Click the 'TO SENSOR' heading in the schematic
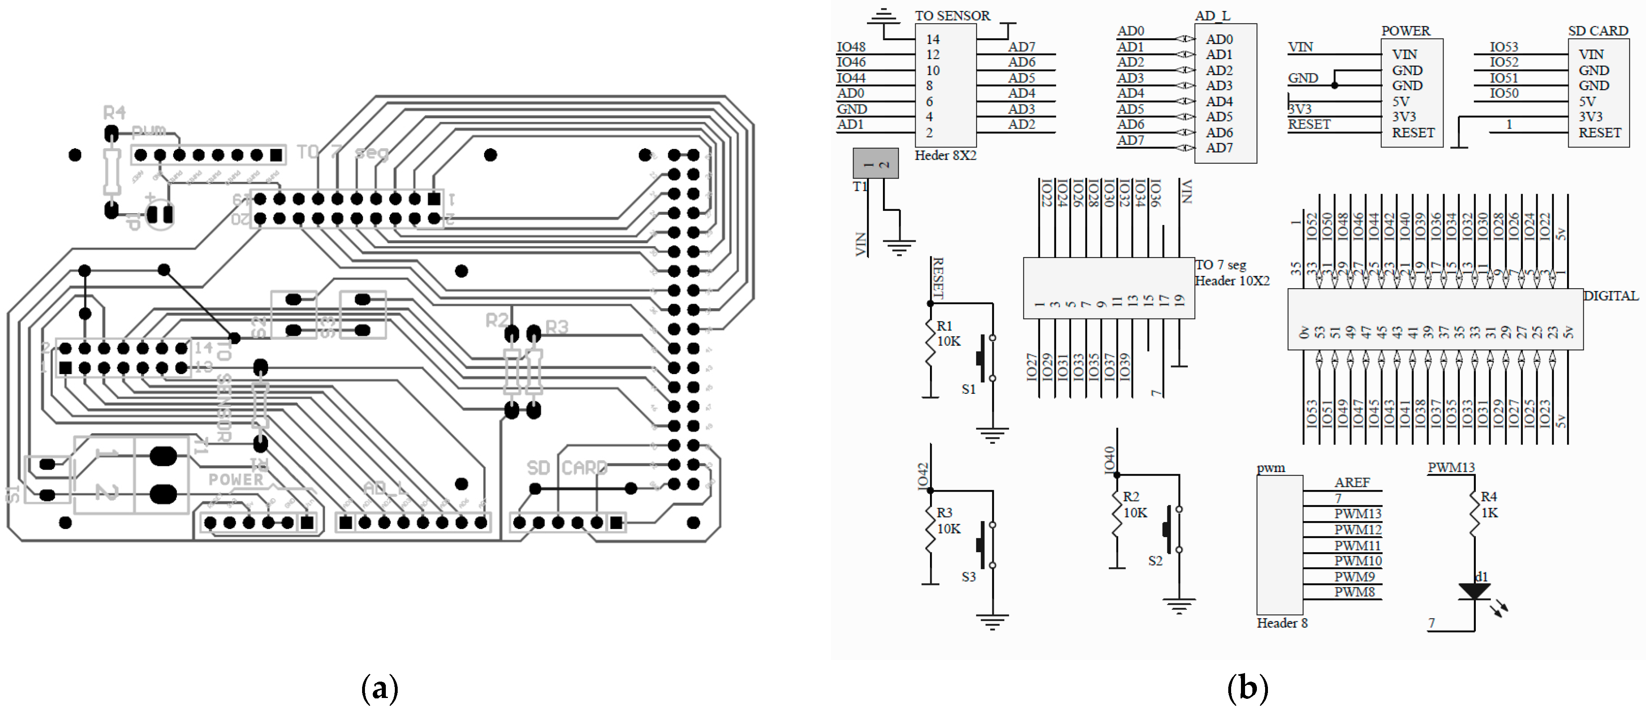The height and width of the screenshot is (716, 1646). point(952,15)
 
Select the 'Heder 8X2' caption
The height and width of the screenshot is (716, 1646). point(945,155)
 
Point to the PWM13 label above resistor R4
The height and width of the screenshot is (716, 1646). point(1451,468)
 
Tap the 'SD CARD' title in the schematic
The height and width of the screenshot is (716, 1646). point(1597,31)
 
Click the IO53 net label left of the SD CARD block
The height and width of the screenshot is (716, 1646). point(1504,47)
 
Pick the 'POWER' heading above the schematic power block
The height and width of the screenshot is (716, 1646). point(1405,31)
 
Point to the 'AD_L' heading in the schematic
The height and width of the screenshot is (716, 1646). point(1212,15)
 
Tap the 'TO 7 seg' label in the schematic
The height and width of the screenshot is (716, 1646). point(1220,265)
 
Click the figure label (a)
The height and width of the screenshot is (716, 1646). point(380,689)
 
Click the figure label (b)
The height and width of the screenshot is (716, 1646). point(1247,689)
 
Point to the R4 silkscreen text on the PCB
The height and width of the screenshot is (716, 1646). point(115,113)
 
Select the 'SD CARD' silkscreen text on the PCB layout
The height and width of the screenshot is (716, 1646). point(566,468)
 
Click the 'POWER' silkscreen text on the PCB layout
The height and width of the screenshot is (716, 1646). point(236,479)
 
